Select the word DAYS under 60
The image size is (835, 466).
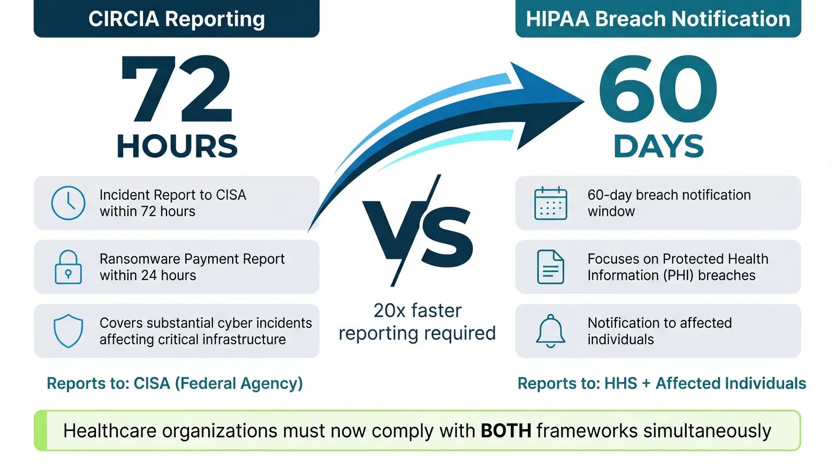point(658,146)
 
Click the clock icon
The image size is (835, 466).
point(68,202)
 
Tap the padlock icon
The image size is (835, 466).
point(68,267)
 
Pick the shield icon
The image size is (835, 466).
point(68,331)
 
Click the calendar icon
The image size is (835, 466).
point(551,203)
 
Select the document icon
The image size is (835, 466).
point(551,267)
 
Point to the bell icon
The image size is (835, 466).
point(551,331)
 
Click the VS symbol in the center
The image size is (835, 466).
point(417,232)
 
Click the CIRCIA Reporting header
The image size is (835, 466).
point(176,19)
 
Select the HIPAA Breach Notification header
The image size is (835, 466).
point(658,19)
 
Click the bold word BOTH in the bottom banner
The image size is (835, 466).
point(506,431)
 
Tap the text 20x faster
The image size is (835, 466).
point(417,310)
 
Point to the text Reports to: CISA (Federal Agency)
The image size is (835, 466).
point(175,384)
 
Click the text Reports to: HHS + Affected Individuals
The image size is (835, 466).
point(662,384)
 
